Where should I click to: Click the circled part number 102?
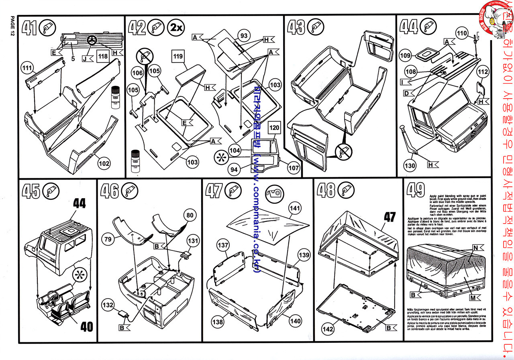pyautogui.click(x=104, y=163)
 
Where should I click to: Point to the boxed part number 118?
pyautogui.click(x=103, y=57)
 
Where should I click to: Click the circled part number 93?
pyautogui.click(x=243, y=36)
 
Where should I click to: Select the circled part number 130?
pyautogui.click(x=410, y=165)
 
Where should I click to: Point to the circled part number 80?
pyautogui.click(x=189, y=216)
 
